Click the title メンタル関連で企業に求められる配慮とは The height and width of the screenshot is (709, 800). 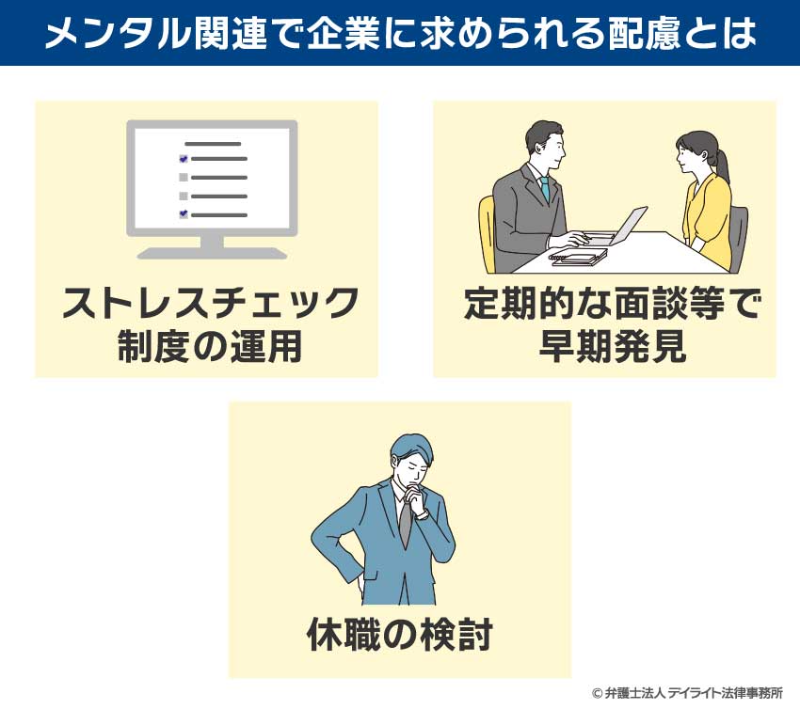pos(400,34)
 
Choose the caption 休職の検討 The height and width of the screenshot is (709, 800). pos(399,637)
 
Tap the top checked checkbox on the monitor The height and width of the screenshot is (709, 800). pos(184,159)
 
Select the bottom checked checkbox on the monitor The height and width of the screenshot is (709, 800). pos(184,214)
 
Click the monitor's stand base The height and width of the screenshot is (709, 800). pos(212,252)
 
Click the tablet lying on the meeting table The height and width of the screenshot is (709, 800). pos(577,256)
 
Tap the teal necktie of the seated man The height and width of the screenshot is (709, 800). pos(544,188)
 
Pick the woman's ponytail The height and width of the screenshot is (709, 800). pos(720,165)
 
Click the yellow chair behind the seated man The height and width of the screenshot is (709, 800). pos(486,230)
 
